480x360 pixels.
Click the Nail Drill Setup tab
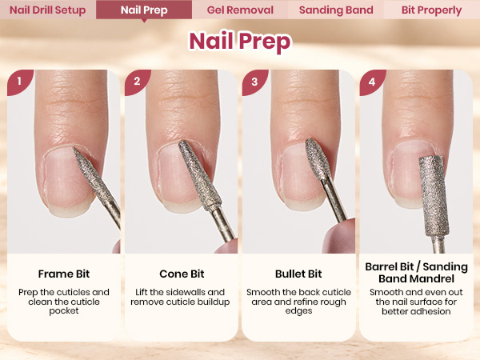(x=48, y=10)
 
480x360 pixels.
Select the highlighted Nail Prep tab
(x=144, y=10)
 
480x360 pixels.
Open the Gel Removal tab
(x=240, y=10)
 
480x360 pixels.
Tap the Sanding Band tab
(x=336, y=10)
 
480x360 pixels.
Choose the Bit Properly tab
(x=432, y=10)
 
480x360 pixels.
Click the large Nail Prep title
(x=240, y=41)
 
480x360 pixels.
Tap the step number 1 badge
(x=19, y=82)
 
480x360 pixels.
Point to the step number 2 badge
(x=137, y=82)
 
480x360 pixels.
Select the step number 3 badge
(x=254, y=82)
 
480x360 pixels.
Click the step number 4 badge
(x=372, y=82)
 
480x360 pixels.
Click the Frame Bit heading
(x=64, y=274)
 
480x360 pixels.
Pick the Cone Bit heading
(x=182, y=274)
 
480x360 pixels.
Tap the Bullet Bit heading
(x=298, y=274)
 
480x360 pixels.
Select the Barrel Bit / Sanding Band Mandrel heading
(x=416, y=273)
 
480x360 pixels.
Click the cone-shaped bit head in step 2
(x=199, y=175)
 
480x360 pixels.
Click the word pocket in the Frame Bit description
(x=64, y=311)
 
